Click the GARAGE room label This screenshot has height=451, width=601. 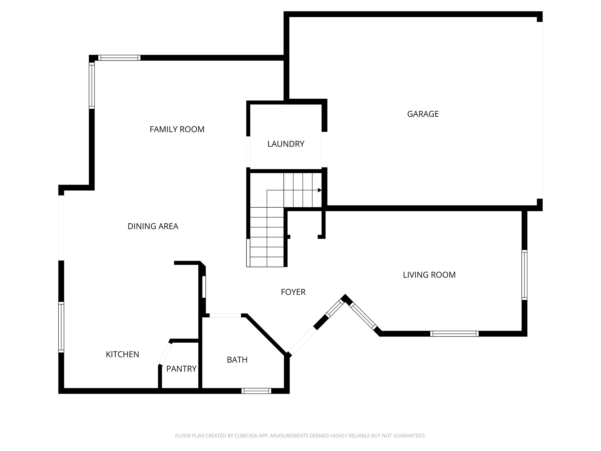[423, 114]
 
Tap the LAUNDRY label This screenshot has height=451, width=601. [286, 144]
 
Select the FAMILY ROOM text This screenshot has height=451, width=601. [177, 129]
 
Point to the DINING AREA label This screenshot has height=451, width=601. [153, 226]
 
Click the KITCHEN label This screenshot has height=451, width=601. [122, 354]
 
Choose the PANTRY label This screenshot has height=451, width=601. [181, 369]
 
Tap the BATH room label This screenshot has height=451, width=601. [237, 360]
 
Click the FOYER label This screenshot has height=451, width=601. [293, 292]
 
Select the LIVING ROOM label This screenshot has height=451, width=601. [429, 275]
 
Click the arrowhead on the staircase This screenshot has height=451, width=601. [320, 190]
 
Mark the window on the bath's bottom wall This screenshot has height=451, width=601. [256, 391]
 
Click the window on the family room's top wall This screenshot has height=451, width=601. [119, 58]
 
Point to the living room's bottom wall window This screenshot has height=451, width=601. [454, 334]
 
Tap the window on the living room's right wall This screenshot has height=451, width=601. [524, 275]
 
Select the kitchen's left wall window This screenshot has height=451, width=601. [61, 327]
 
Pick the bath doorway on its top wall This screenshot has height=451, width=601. [225, 315]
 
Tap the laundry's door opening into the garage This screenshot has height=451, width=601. [324, 150]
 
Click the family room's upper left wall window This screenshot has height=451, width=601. [92, 85]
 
